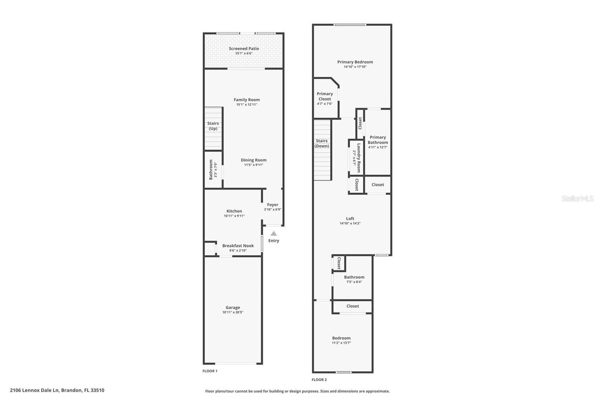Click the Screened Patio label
coord(244,48)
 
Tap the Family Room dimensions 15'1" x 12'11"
coord(247,105)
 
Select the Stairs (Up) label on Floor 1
coord(213,126)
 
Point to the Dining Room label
coord(253,160)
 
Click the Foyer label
coord(273,204)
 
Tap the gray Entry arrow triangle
coord(274,234)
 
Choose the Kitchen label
coord(234,211)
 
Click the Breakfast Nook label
coord(238,246)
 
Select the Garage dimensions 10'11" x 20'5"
coord(233,312)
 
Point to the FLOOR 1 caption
coord(210,371)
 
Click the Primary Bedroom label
coord(355,62)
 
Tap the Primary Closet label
coord(325,96)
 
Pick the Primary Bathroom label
coord(377,140)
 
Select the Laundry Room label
coord(359,158)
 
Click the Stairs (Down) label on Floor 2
coord(322,143)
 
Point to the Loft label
coord(350,219)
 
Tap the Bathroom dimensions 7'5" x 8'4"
coord(354,282)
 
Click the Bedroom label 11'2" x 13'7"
coord(341,338)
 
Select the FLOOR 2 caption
coord(319,380)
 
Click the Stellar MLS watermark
coord(577,198)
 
